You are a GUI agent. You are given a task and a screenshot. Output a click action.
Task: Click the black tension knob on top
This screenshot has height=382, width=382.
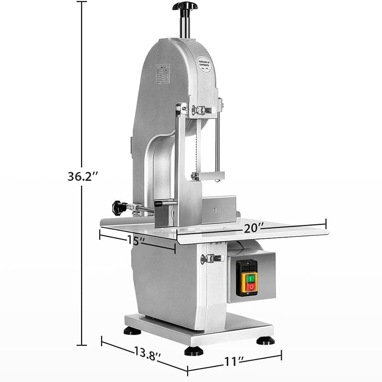coord(185,6)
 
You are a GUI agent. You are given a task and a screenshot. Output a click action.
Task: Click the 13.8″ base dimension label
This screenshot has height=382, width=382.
coord(144,355)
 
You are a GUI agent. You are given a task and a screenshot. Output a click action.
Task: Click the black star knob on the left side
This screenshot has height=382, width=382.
coord(119,208)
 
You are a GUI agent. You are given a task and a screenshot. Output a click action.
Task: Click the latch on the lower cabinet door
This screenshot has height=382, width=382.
coord(212,259)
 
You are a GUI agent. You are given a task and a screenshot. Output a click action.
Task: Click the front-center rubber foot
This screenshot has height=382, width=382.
coord(194,351)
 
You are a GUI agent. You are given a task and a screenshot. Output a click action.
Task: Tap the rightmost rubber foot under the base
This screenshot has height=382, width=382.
coord(265,340)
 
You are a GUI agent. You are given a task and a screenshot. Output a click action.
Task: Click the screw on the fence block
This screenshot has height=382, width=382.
coord(216,209)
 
